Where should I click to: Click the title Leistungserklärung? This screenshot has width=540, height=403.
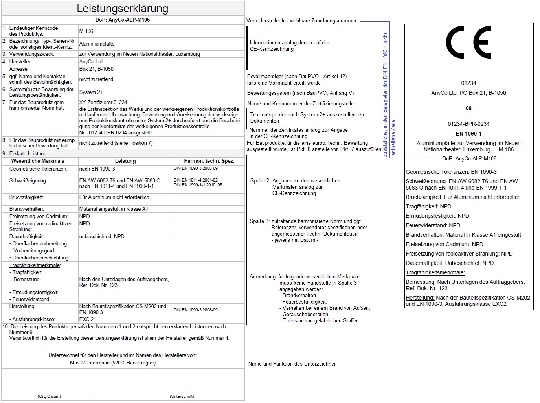(x=122, y=9)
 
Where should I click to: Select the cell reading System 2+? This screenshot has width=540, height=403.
(x=91, y=92)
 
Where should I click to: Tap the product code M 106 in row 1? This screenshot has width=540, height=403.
(x=86, y=31)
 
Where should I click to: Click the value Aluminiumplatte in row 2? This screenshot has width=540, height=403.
(x=97, y=44)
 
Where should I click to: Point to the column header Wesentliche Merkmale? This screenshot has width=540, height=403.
(x=38, y=161)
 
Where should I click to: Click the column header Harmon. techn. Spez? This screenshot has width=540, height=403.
(x=209, y=161)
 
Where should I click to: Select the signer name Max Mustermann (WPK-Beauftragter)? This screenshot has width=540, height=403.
(x=113, y=363)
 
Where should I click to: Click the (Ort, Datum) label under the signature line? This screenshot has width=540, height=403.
(x=49, y=396)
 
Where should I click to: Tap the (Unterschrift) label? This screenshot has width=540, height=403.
(x=182, y=396)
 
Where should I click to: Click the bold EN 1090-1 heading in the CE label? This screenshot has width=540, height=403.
(x=468, y=134)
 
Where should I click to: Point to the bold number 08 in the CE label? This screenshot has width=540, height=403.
(x=468, y=108)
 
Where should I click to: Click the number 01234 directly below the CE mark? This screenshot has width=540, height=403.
(x=468, y=83)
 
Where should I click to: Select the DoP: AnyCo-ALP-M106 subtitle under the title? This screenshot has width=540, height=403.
(x=122, y=20)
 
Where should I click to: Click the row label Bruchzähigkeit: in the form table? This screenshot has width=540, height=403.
(x=26, y=197)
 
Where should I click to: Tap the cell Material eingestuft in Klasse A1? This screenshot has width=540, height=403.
(x=114, y=209)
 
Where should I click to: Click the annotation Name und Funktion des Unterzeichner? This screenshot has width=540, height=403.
(x=292, y=364)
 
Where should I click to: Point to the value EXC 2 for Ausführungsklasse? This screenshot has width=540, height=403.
(x=86, y=319)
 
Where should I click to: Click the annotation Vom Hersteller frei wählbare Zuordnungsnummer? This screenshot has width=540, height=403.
(x=301, y=20)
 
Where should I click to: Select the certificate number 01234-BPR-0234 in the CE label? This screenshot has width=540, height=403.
(x=468, y=124)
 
